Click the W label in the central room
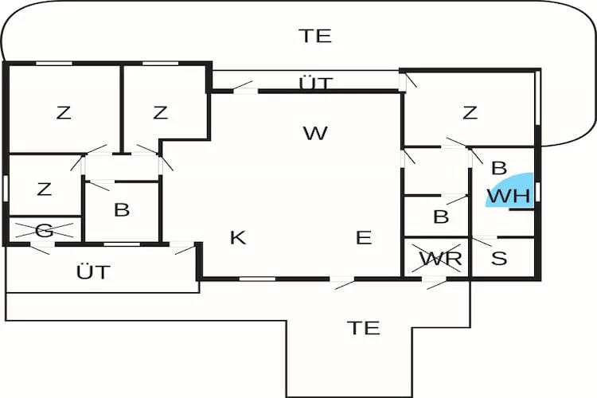(315, 133)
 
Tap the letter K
(238, 237)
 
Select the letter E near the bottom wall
(363, 237)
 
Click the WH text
(508, 195)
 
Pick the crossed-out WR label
(440, 259)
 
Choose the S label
(499, 259)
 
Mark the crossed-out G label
(45, 231)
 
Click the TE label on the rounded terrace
(315, 36)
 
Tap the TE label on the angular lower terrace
(364, 327)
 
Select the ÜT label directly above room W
(316, 84)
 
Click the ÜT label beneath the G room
(93, 272)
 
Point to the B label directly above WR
(441, 216)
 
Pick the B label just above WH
(499, 168)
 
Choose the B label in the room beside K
(122, 210)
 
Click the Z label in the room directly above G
(45, 189)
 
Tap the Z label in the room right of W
(470, 113)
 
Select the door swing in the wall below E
(343, 281)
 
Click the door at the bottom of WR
(435, 281)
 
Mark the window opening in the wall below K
(257, 279)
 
